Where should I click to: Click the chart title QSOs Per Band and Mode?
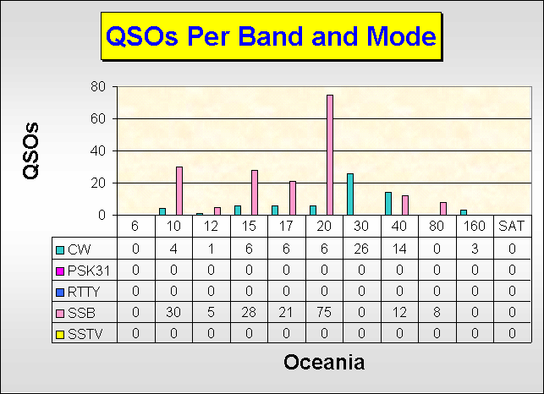[x=271, y=36]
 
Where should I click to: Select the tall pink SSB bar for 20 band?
[x=330, y=155]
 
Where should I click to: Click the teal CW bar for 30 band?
[x=350, y=194]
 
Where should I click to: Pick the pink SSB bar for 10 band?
[x=179, y=191]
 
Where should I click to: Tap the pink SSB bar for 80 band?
[x=443, y=209]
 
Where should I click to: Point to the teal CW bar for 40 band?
[x=388, y=204]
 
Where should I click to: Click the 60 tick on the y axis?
[x=98, y=118]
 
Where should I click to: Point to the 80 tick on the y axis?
[x=98, y=86]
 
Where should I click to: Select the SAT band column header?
[x=511, y=226]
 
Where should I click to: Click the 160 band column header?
[x=475, y=226]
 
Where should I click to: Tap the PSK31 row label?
[x=89, y=271]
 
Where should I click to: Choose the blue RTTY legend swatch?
[x=60, y=293]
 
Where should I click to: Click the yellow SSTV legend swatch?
[x=60, y=335]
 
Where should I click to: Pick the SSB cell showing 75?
[x=324, y=313]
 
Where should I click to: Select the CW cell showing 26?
[x=361, y=249]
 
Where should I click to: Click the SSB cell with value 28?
[x=249, y=313]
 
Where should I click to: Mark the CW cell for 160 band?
[x=475, y=249]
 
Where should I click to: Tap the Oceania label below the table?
[x=324, y=362]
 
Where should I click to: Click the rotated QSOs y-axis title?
[x=30, y=150]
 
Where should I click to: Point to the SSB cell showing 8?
[x=437, y=313]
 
